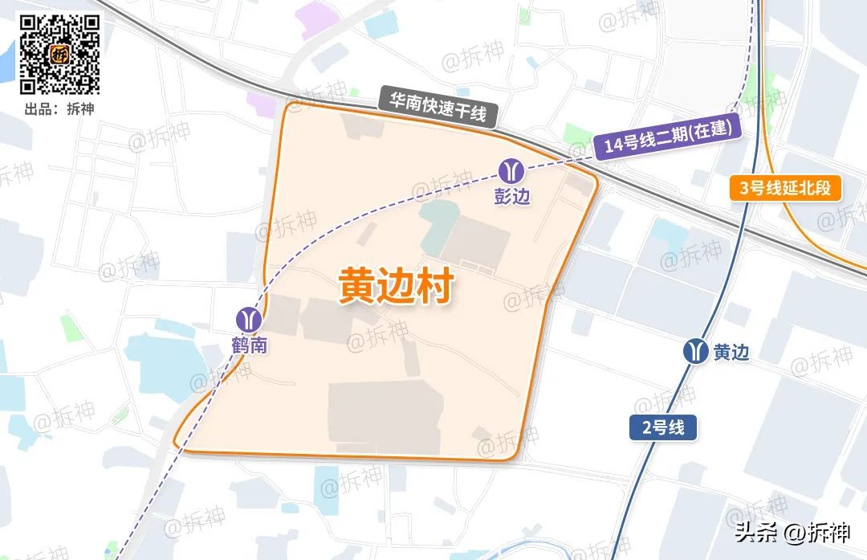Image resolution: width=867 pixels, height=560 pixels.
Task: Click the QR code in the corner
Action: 59,54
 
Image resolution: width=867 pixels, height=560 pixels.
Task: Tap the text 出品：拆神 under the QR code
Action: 59,108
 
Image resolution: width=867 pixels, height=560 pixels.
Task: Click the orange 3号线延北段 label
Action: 785,189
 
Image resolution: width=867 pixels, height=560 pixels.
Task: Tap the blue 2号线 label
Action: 663,427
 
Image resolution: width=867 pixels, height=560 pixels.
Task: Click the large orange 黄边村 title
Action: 396,287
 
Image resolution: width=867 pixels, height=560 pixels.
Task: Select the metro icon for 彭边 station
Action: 511,171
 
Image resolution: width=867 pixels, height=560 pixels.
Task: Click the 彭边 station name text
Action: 511,197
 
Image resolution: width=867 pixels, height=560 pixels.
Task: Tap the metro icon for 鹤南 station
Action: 249,319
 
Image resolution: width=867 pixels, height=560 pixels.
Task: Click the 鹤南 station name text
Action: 249,346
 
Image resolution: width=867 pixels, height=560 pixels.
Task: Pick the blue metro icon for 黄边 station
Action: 696,351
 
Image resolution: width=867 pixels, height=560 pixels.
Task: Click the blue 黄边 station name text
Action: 731,353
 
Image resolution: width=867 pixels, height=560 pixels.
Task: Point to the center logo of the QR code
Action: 59,55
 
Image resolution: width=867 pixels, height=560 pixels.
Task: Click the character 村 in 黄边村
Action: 435,287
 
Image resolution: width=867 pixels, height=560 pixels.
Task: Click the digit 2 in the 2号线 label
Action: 646,428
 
